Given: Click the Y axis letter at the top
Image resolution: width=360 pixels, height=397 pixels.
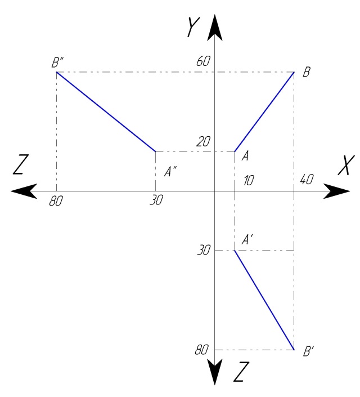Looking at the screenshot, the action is click(193, 27).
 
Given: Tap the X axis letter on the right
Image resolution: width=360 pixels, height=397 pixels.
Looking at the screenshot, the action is click(346, 165).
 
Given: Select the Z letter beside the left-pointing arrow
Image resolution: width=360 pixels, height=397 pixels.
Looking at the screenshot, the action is click(21, 164).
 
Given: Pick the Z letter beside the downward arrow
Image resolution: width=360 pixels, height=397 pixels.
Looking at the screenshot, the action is click(241, 372).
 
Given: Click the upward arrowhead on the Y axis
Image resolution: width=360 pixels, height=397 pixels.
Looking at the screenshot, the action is click(215, 28).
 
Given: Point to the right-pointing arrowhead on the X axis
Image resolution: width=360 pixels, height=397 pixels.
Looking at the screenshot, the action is click(336, 191).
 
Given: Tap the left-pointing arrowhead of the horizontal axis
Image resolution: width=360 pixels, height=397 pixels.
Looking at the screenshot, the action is click(24, 191).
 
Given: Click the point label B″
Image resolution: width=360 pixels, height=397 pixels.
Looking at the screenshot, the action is click(57, 63).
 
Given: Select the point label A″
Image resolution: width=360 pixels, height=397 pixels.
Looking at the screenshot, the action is click(170, 171).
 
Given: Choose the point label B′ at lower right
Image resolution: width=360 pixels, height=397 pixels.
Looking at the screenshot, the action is click(308, 351).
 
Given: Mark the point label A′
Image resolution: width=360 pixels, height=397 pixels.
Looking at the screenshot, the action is click(247, 239).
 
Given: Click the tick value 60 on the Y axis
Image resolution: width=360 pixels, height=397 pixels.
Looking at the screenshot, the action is click(204, 61).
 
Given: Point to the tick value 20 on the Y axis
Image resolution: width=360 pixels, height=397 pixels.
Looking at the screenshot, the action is click(204, 142).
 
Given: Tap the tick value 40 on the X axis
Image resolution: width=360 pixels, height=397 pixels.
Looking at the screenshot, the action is click(307, 180).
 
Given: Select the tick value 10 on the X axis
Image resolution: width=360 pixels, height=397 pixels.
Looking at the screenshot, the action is click(249, 181).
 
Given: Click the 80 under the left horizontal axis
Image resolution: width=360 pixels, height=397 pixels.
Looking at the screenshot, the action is click(56, 201).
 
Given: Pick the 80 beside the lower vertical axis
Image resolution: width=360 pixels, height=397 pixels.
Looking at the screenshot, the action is click(201, 350).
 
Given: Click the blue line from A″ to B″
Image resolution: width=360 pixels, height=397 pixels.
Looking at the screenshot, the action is click(106, 111).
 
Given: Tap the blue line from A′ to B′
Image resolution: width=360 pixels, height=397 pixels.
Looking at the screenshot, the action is click(264, 300).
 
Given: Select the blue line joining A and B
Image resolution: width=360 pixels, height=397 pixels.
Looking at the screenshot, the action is click(264, 111).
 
